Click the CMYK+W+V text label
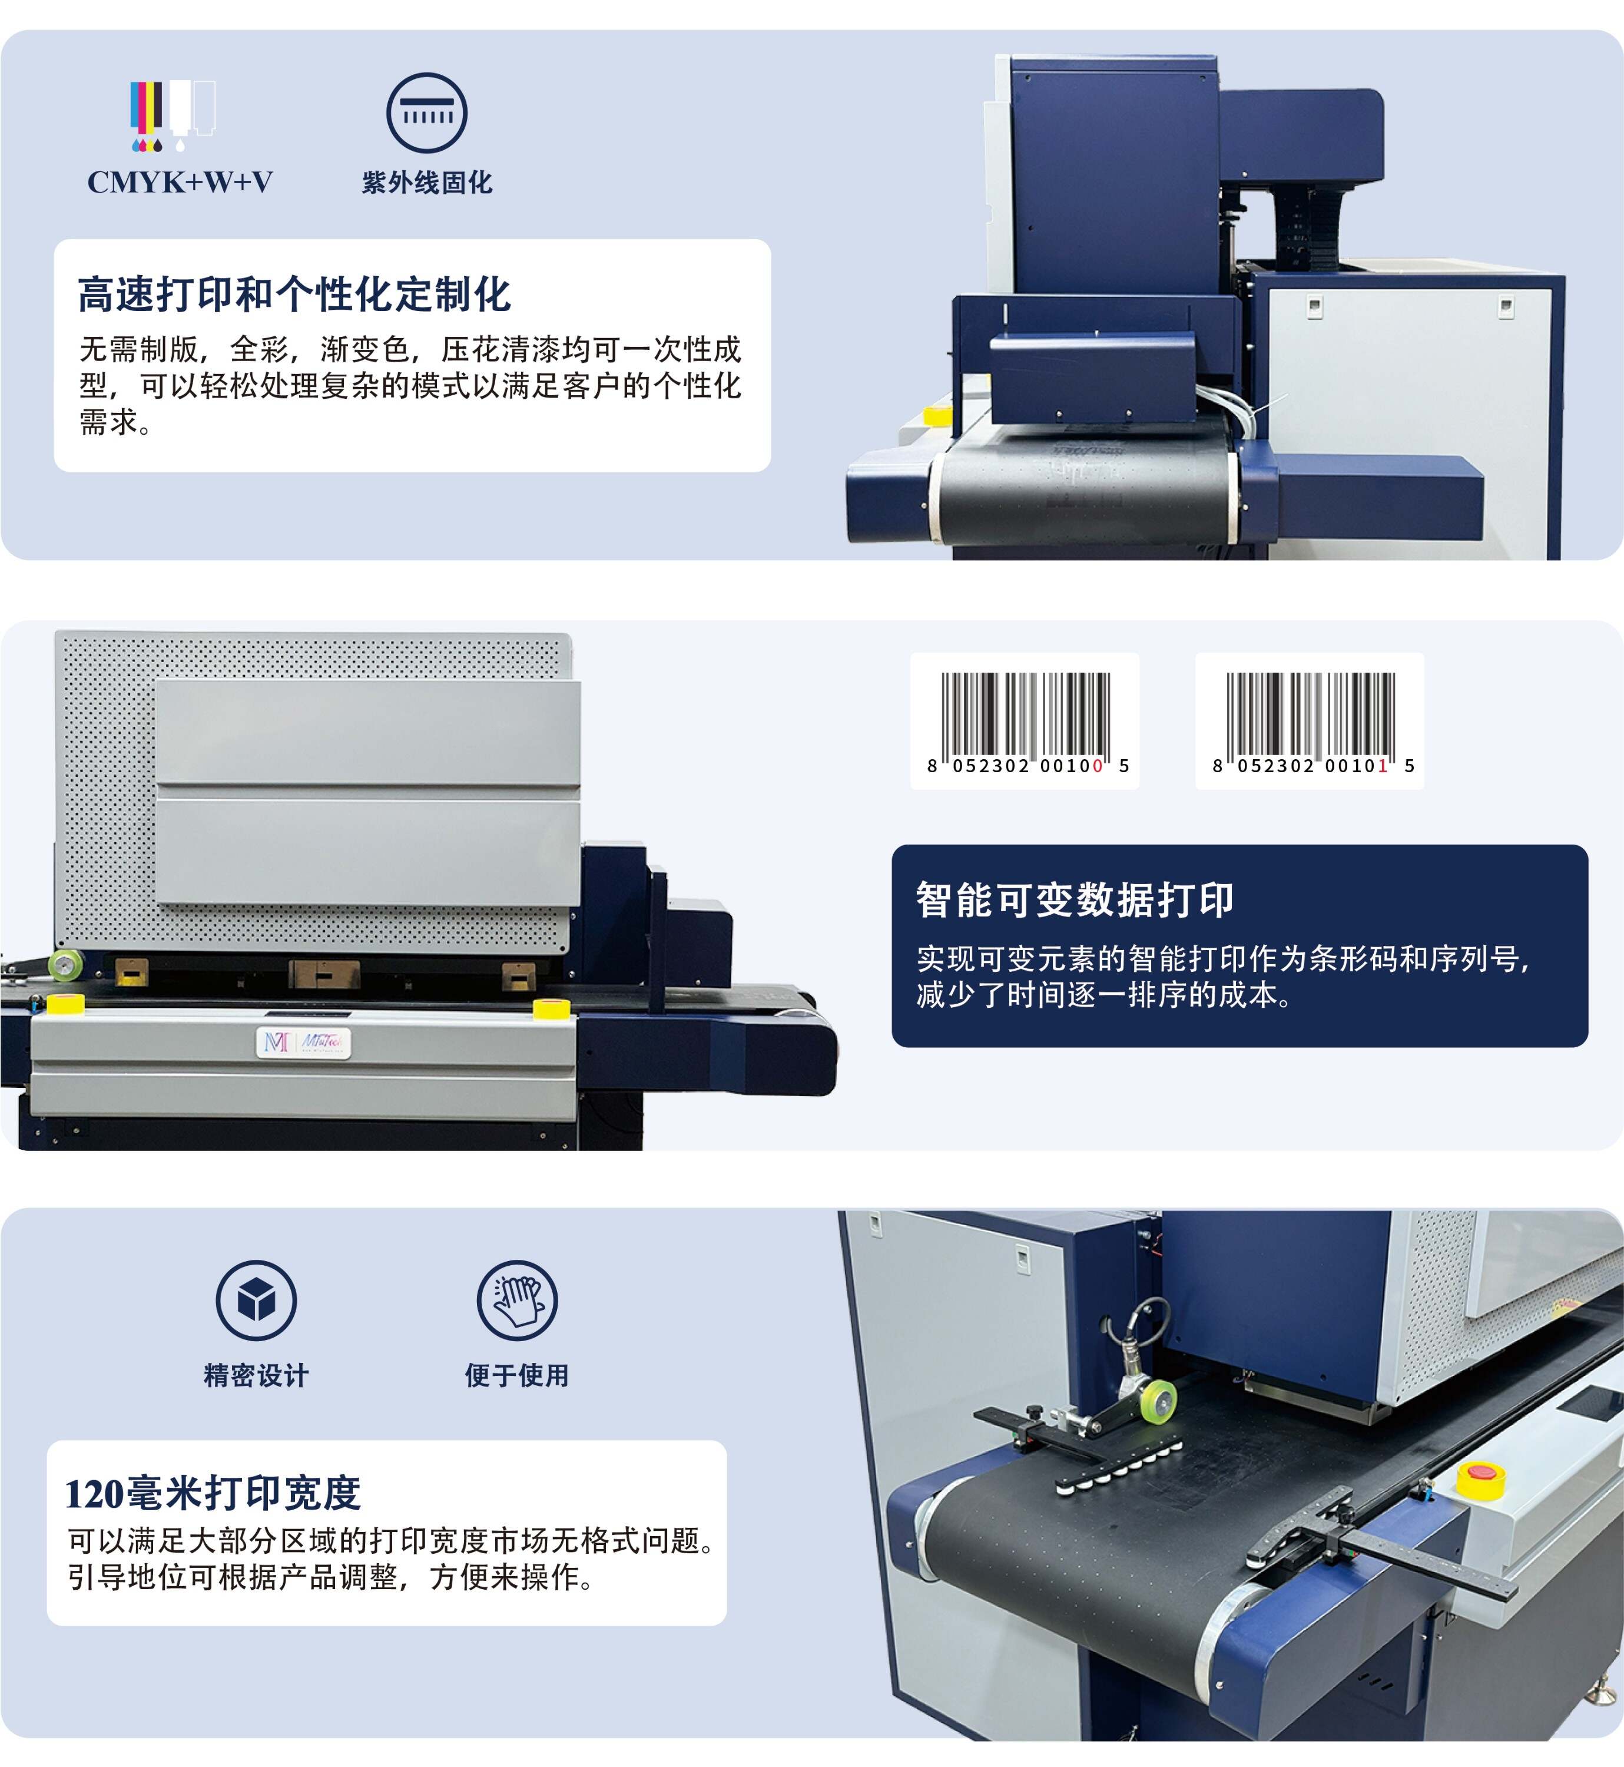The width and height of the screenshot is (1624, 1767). coord(180,183)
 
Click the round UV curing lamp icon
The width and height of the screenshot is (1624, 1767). coord(426,112)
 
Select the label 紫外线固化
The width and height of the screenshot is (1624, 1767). coord(426,183)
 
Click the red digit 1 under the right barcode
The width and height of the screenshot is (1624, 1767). coord(1383,766)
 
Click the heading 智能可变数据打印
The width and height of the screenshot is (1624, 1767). coord(1075,900)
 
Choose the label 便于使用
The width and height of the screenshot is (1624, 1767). coord(517,1376)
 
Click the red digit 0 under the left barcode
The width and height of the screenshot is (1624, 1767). coord(1097,766)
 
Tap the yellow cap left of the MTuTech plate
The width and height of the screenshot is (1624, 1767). coord(64,1003)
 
